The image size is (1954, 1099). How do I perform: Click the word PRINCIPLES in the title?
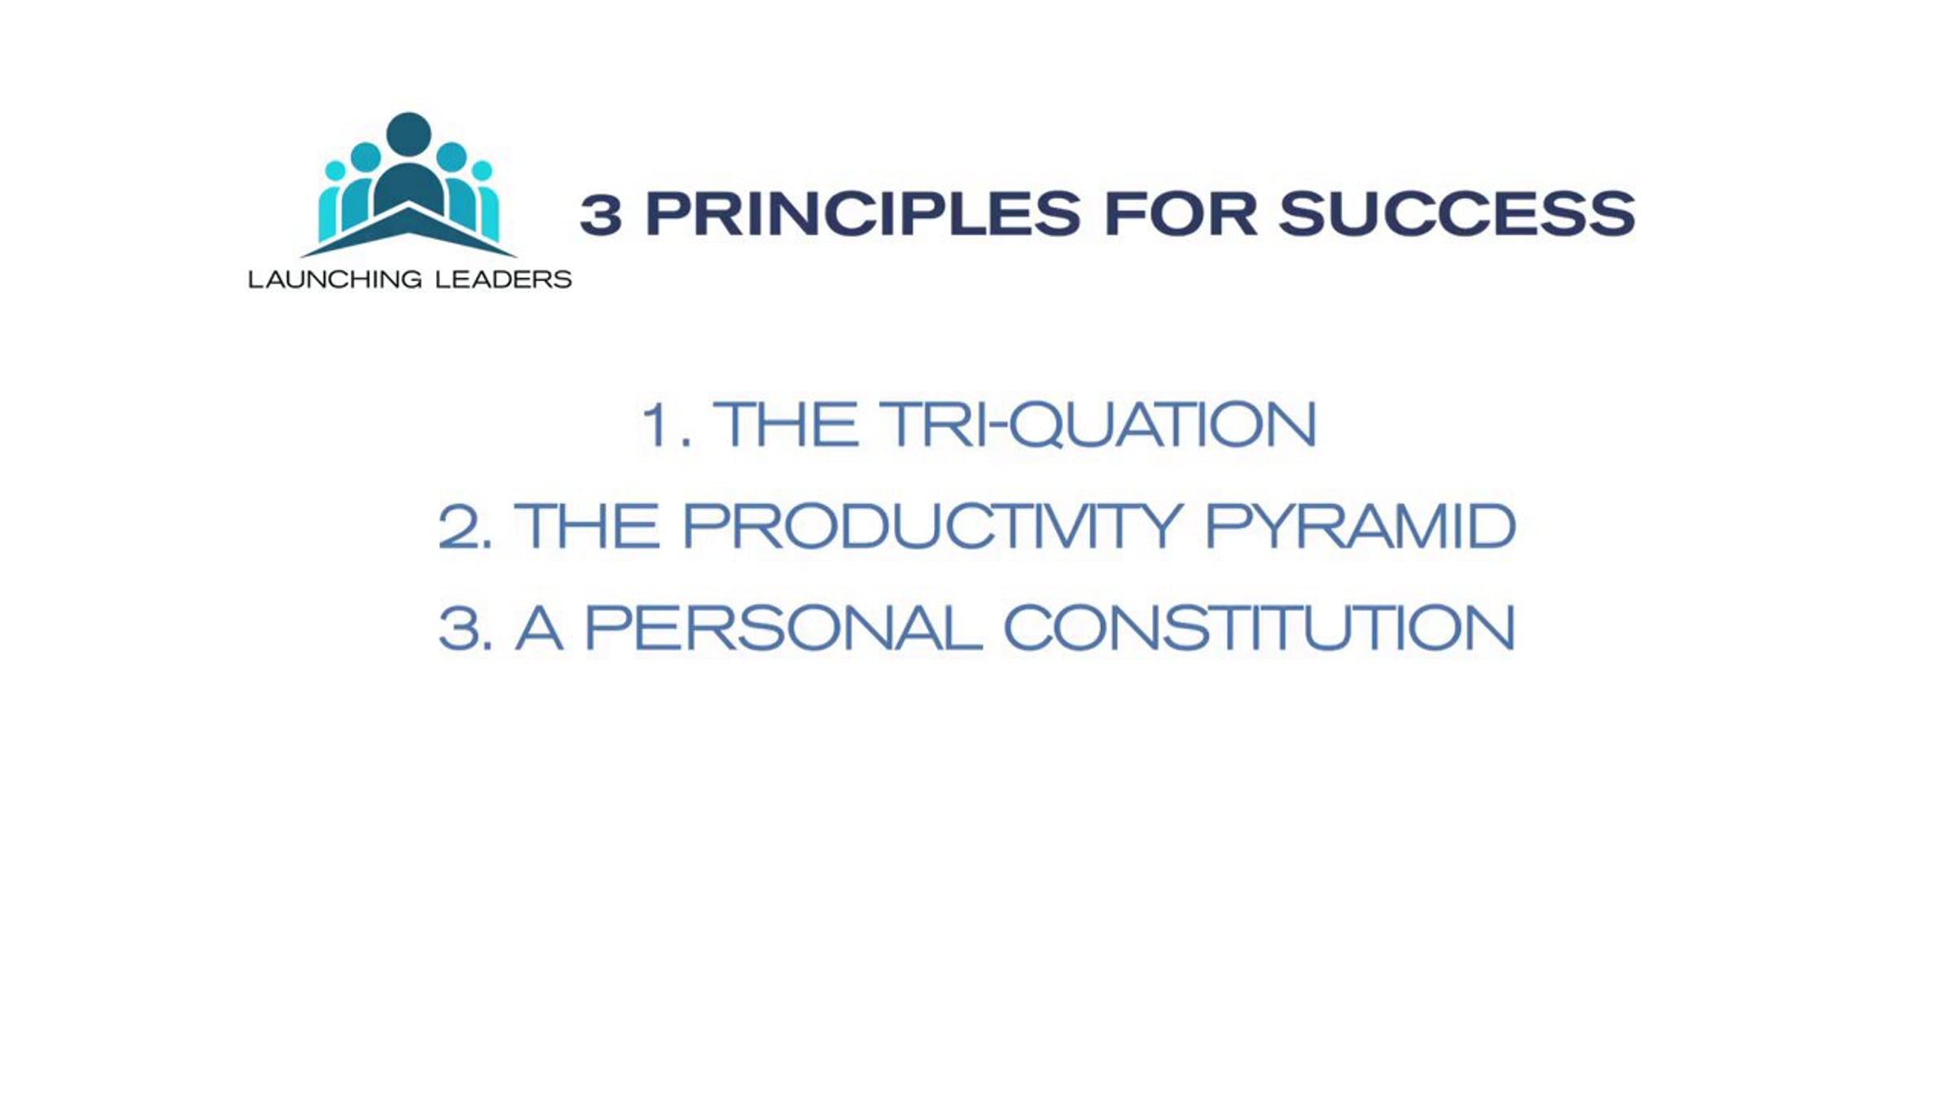point(863,214)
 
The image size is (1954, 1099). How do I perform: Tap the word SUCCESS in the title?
point(1457,214)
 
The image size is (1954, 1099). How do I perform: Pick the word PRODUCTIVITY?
point(933,526)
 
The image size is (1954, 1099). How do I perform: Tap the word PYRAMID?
point(1360,526)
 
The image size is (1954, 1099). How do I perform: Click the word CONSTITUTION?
point(1259,628)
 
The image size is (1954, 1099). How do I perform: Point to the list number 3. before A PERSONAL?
point(464,628)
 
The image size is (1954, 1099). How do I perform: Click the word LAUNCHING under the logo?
point(335,279)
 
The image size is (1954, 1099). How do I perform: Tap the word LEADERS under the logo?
point(503,279)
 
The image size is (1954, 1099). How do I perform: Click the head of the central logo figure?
point(409,134)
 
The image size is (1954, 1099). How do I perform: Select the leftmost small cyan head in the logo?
point(335,170)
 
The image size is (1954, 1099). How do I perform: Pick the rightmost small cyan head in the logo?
point(482,170)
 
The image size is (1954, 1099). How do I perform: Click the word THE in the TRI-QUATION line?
point(785,424)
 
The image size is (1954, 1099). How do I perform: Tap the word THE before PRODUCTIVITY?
point(586,526)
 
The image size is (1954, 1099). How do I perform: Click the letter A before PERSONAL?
point(539,628)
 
